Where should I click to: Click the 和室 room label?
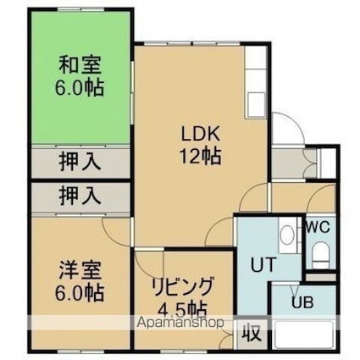point(80,65)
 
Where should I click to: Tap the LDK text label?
point(201,134)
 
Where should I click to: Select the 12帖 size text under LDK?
point(201,156)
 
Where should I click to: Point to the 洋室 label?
point(80,270)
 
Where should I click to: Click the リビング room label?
point(182,287)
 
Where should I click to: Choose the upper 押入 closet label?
point(80,162)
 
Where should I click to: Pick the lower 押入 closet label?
point(80,196)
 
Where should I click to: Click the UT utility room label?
point(263,264)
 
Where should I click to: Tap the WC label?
point(318,227)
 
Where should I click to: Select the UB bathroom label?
point(302,302)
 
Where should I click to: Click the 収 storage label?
point(251,334)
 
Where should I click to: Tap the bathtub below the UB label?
point(304,335)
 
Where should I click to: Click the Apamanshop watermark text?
point(180,322)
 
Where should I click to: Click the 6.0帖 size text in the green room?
point(80,87)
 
